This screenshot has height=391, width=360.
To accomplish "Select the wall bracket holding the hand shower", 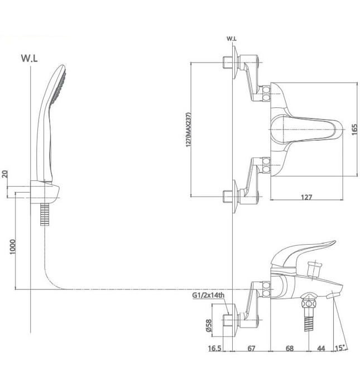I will point(50,191).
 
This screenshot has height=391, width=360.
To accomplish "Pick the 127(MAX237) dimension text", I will point(189,130).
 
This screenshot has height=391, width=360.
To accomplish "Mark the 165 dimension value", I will point(354,130).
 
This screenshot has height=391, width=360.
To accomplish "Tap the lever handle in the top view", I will point(310,130).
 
